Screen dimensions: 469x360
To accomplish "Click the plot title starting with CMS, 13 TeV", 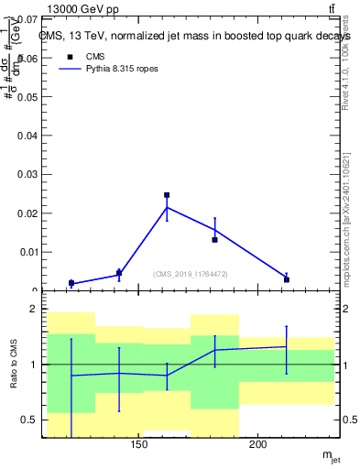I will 195,36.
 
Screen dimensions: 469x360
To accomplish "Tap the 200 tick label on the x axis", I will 257,445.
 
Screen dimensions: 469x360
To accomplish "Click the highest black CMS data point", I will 167,195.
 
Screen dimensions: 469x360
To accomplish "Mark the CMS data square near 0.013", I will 214,240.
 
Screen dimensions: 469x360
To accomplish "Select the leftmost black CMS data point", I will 71,283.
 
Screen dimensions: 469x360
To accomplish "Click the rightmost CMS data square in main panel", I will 286,279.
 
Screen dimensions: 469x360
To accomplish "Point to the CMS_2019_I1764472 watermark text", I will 190,274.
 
